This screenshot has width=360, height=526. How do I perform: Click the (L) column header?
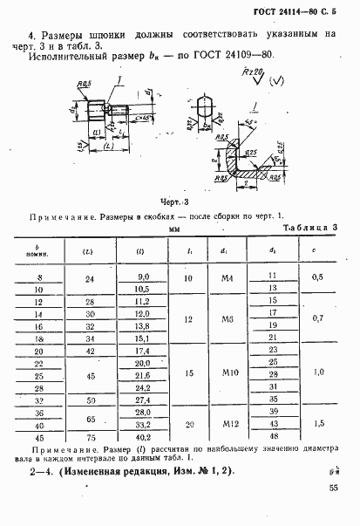[90, 251]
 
